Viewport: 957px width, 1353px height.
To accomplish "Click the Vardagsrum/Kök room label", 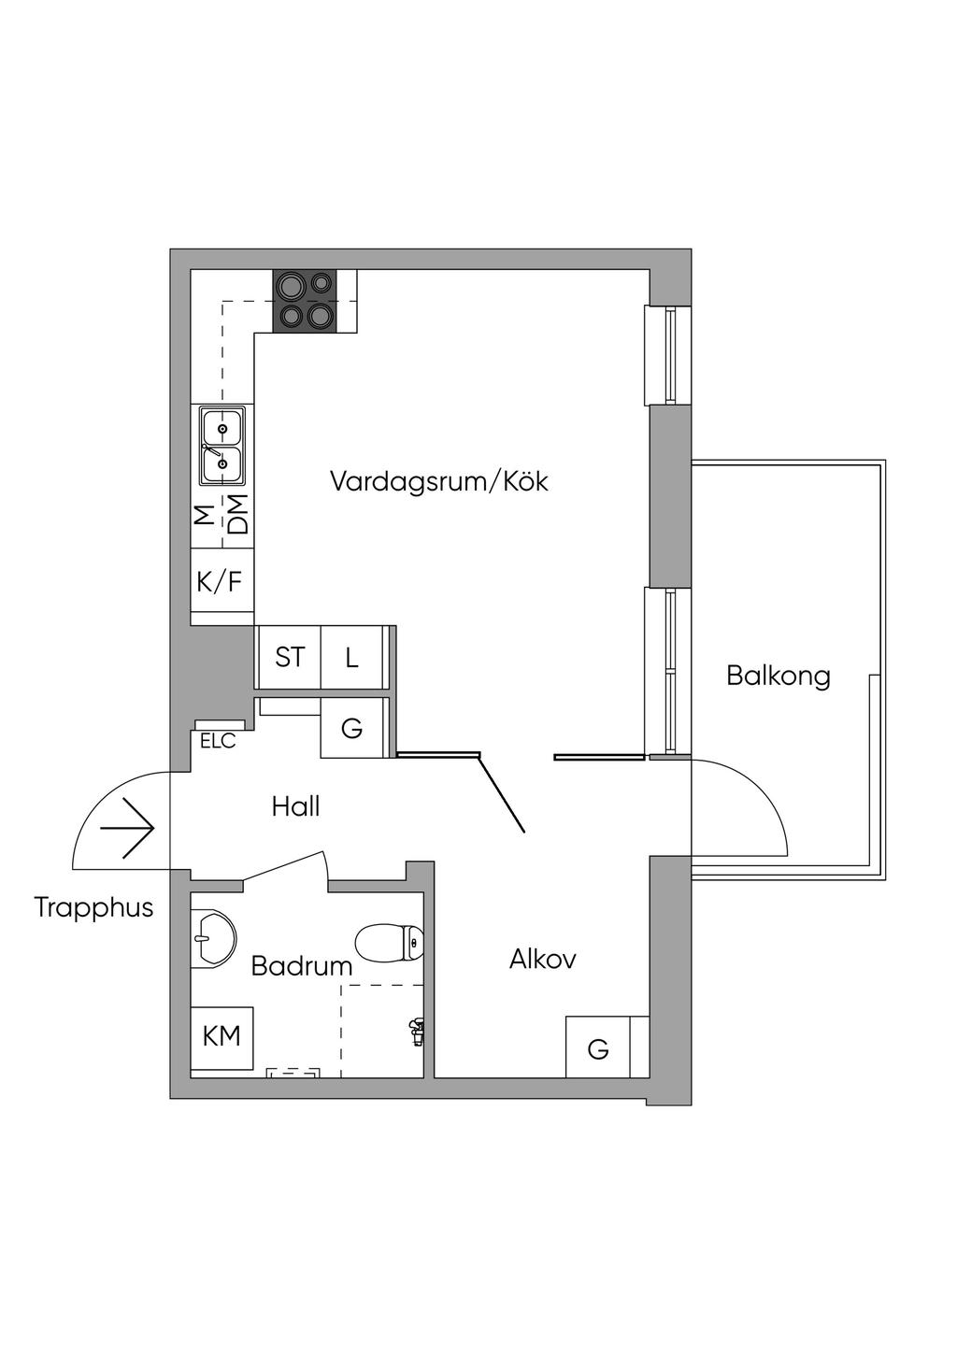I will click(x=438, y=482).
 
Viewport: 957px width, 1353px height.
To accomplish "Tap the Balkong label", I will click(x=778, y=675).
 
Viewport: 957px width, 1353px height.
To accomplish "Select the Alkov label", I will click(x=542, y=959).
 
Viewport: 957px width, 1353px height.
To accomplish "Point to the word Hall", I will click(x=295, y=806).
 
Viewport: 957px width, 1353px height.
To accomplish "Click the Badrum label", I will click(x=301, y=966).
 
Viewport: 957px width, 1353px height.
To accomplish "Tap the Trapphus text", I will click(x=93, y=907).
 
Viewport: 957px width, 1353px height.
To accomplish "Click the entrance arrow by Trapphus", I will click(x=128, y=828).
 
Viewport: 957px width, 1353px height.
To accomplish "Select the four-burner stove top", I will click(x=305, y=301).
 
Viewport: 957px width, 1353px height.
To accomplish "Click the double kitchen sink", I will click(x=221, y=445).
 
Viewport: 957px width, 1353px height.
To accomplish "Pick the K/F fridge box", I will click(x=220, y=582).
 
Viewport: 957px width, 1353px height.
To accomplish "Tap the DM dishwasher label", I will click(x=239, y=516).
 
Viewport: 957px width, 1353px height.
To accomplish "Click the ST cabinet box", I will click(x=289, y=657).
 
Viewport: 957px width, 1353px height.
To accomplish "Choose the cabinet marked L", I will click(x=352, y=657).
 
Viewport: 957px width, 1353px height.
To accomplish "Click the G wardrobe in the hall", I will click(x=352, y=728).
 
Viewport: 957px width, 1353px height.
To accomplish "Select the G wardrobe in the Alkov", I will click(x=598, y=1048).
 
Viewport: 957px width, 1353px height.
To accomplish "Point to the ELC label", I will click(x=218, y=741).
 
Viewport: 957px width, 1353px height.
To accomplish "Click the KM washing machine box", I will click(x=221, y=1036).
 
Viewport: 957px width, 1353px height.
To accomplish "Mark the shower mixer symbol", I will click(x=416, y=1032).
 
